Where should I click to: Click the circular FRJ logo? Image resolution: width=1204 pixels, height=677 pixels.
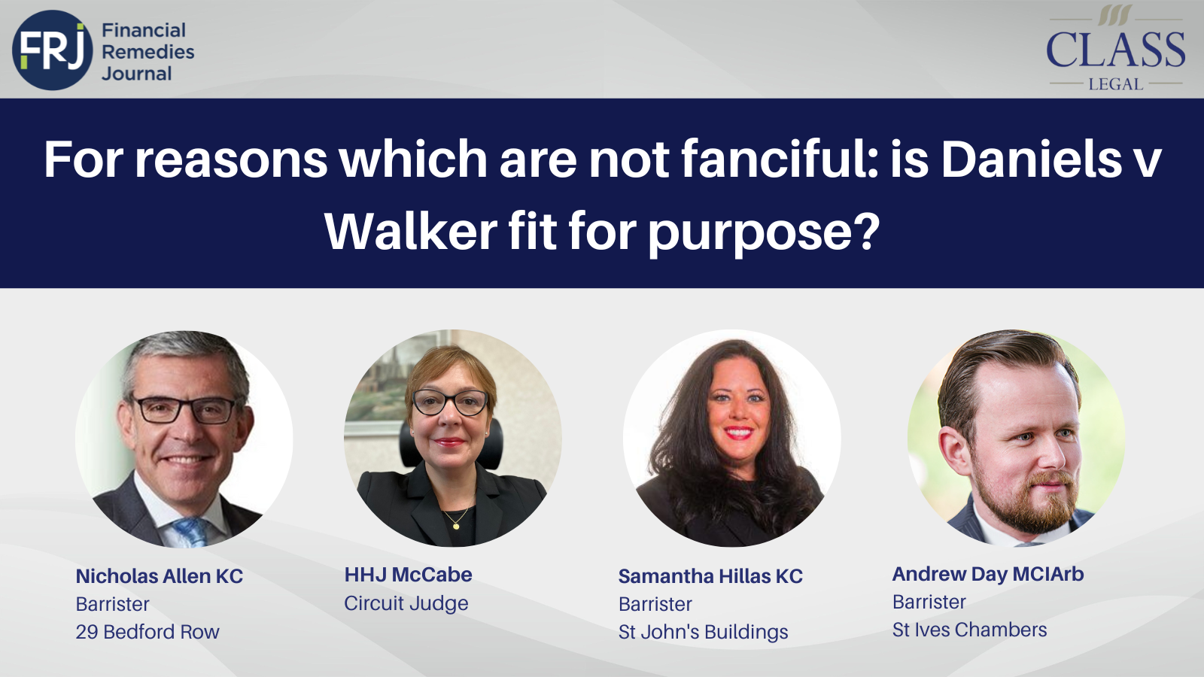point(52,50)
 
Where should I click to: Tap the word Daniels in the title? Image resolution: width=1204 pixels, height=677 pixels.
point(1031,159)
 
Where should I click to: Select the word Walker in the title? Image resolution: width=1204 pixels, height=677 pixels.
point(410,231)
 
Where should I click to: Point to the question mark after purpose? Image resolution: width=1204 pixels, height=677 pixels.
point(866,231)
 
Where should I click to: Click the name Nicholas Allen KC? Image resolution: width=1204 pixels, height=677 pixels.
point(160,576)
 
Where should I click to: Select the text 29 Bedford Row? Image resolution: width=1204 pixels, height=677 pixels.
point(147,632)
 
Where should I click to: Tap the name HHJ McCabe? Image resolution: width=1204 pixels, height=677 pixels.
point(408,575)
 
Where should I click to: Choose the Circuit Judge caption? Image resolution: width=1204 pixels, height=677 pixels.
point(406,603)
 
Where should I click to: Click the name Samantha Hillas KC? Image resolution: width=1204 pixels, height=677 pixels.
point(710,576)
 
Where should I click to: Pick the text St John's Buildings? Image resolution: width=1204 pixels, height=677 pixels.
point(703,632)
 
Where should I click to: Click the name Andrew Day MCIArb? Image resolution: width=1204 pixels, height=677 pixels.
point(988,574)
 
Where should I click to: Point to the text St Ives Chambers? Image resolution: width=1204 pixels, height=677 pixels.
point(969,630)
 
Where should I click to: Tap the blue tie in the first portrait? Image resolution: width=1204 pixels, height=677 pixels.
point(190,531)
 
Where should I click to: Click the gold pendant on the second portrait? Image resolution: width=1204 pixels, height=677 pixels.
point(456,526)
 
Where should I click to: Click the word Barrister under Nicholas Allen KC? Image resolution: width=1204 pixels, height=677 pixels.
point(113,604)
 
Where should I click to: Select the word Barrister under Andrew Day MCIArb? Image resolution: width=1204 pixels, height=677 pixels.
point(929,602)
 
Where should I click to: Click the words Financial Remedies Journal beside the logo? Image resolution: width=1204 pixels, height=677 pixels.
point(147,52)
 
